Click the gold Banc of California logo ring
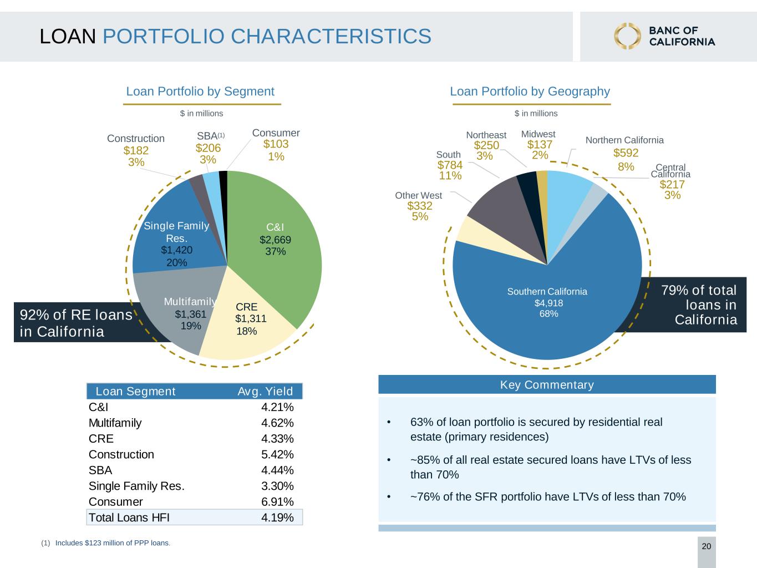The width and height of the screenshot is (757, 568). tap(627, 36)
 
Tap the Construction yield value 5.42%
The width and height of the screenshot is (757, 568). tap(277, 454)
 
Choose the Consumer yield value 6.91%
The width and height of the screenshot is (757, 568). tap(277, 502)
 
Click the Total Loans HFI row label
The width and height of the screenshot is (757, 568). tap(129, 518)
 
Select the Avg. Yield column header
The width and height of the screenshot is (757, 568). tap(265, 392)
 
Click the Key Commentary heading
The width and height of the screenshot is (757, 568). tap(547, 384)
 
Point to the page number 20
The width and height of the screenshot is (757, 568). tap(707, 546)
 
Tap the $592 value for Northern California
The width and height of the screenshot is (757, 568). tap(626, 153)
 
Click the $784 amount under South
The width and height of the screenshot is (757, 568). tap(450, 165)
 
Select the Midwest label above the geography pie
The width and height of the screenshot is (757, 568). tap(538, 134)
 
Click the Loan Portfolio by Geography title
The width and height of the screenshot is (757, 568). tap(530, 92)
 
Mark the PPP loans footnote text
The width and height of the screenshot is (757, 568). tap(113, 543)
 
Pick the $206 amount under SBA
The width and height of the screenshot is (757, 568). tap(208, 148)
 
